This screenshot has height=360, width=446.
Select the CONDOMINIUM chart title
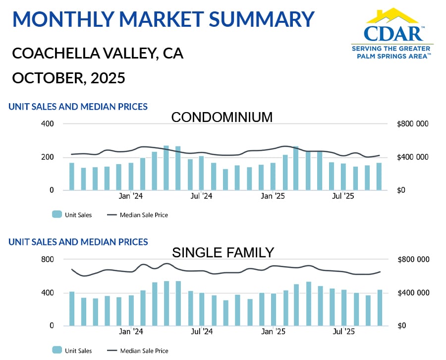[x=222, y=117]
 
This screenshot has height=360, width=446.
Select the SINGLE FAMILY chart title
[x=223, y=252]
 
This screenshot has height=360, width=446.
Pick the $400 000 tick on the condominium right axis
[x=413, y=157]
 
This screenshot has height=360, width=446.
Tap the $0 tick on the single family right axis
[x=402, y=326]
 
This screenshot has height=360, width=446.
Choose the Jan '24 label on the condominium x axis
[x=131, y=196]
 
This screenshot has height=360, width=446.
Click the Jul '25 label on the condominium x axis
[x=343, y=196]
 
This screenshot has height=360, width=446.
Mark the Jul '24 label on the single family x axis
[x=202, y=332]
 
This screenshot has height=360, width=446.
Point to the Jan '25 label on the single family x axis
[x=273, y=332]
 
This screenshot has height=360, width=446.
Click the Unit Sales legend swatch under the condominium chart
[x=57, y=215]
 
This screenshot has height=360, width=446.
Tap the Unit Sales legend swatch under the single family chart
[x=57, y=351]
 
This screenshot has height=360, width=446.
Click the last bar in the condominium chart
[x=379, y=176]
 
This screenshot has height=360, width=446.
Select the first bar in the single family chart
[x=72, y=308]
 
